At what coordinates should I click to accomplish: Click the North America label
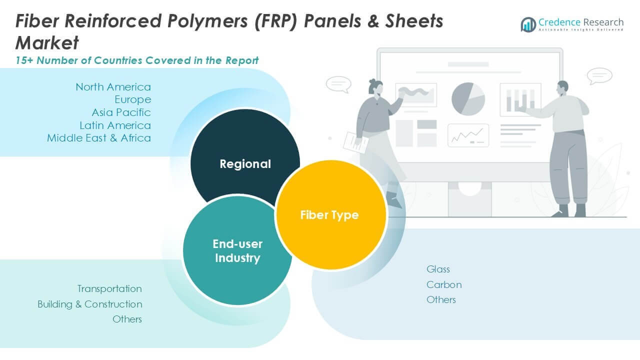click(113, 87)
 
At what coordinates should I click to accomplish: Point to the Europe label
click(132, 99)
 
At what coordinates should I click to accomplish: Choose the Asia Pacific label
click(121, 112)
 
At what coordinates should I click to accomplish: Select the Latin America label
click(115, 125)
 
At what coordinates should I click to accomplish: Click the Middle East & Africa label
click(99, 137)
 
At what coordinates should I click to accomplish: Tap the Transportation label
click(109, 288)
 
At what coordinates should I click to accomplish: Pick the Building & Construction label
click(90, 304)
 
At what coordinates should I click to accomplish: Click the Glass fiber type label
click(438, 269)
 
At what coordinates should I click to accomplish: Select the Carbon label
click(444, 284)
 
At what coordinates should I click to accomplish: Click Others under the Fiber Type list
click(441, 299)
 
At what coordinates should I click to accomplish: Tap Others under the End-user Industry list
click(127, 319)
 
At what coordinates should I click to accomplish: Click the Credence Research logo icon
click(528, 24)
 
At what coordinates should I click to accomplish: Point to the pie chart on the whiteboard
click(468, 98)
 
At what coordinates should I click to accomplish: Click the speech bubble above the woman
click(338, 84)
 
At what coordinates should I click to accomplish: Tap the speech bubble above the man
click(599, 76)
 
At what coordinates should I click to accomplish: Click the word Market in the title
click(47, 43)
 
